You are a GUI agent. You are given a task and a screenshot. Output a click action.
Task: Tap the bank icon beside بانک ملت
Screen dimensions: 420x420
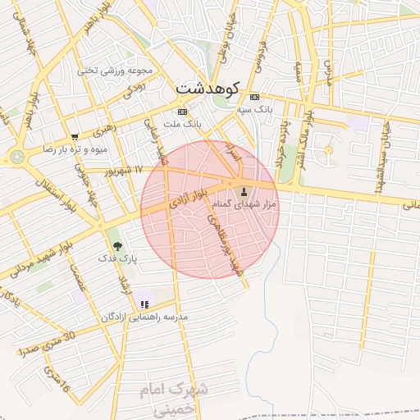pos(181,112)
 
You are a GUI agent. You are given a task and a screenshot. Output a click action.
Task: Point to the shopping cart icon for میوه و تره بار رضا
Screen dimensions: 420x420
pos(75,138)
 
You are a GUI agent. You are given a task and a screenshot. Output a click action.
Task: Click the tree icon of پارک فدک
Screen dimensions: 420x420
pos(116,246)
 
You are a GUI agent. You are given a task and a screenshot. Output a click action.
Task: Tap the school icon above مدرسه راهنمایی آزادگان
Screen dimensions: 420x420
pos(144,305)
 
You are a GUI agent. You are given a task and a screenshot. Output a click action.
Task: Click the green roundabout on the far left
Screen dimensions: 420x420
pos(16,156)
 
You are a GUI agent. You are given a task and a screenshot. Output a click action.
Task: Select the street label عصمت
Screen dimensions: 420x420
pos(79,279)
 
